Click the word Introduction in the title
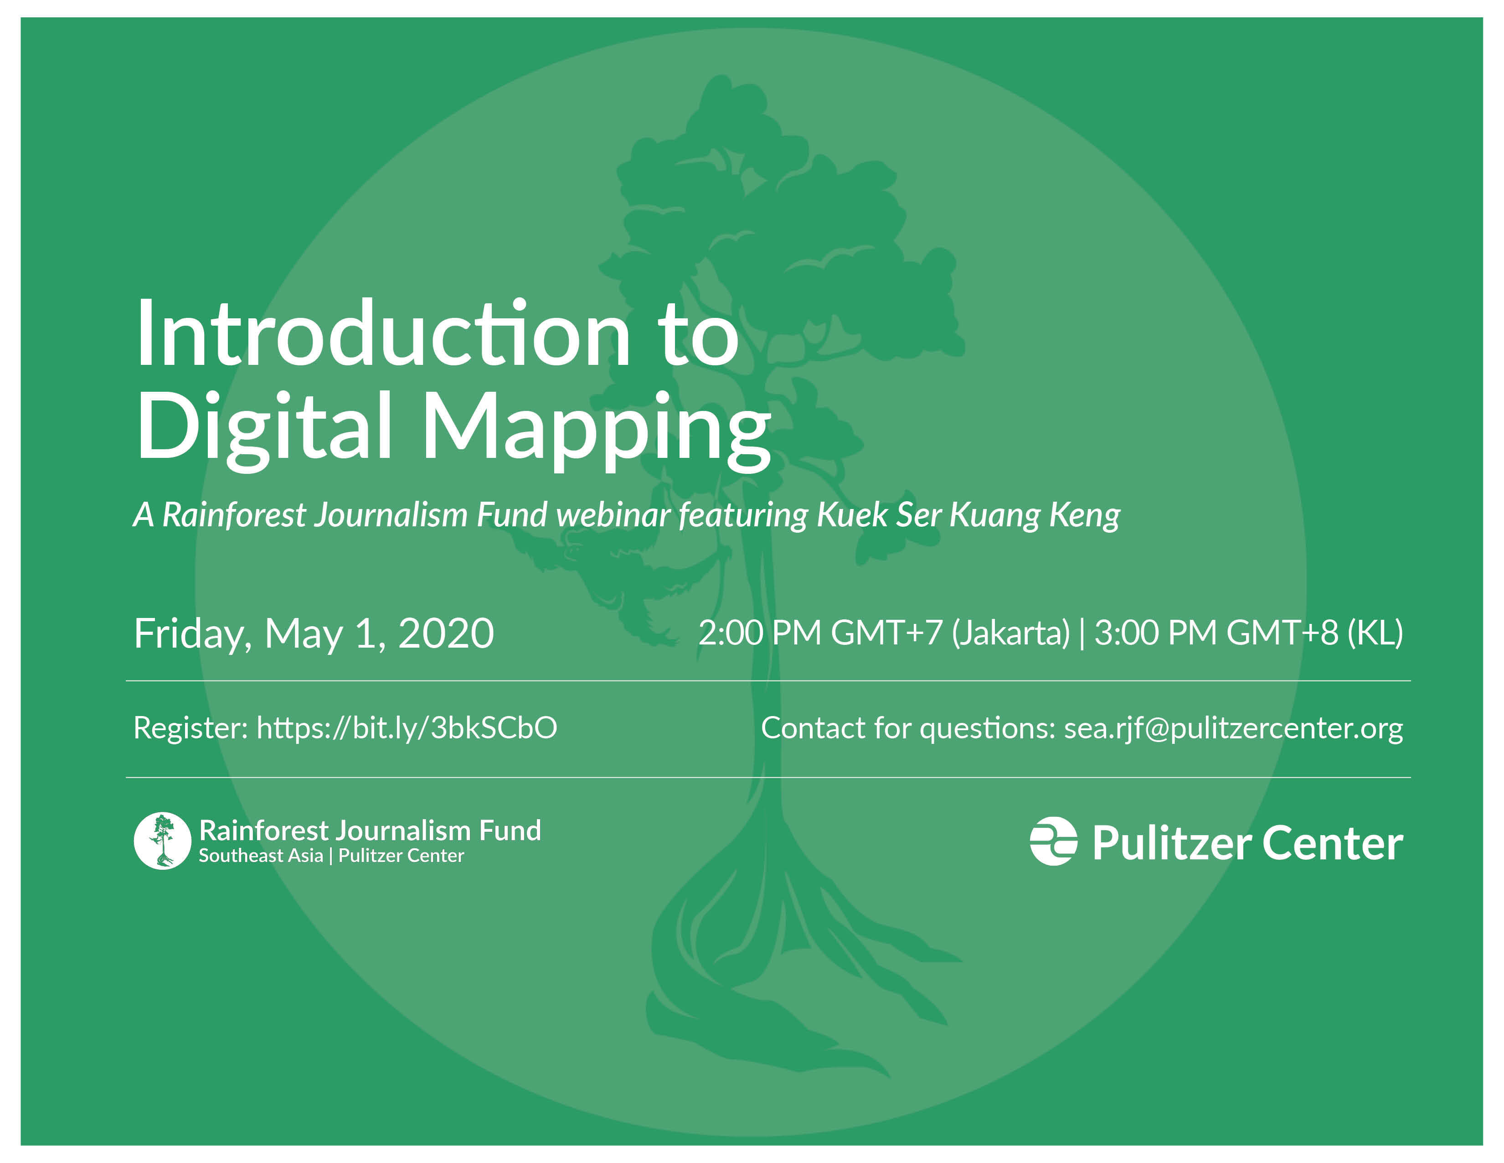(x=382, y=336)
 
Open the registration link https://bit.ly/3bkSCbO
(x=406, y=727)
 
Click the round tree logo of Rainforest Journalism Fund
(x=162, y=841)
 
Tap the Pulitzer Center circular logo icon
(x=1053, y=841)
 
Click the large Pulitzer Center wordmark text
(x=1247, y=843)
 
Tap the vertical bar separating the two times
(x=1082, y=633)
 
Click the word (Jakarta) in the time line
(x=1010, y=633)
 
